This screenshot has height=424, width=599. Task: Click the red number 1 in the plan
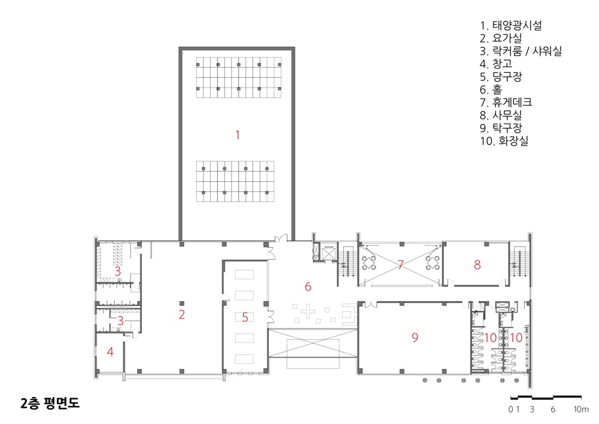(238, 135)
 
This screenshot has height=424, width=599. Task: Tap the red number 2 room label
(182, 315)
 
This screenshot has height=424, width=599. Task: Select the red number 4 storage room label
(110, 352)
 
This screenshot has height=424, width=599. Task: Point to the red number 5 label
(245, 317)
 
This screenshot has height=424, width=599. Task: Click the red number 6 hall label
(308, 287)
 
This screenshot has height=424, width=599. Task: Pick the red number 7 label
(400, 264)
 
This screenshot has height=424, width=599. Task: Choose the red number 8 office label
(477, 264)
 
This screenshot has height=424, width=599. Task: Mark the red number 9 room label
(415, 337)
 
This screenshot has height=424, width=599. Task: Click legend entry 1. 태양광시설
(511, 26)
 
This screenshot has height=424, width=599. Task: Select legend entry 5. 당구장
(501, 77)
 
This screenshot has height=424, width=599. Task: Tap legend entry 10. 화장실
(504, 141)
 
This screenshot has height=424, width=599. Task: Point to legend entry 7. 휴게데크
(506, 103)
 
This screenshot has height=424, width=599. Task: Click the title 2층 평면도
(50, 403)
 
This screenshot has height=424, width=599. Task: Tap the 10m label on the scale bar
(581, 410)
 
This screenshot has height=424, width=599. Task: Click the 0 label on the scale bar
(511, 410)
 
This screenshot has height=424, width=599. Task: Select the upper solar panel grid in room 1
(239, 77)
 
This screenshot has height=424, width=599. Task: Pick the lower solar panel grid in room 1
(235, 181)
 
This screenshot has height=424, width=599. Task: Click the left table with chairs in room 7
(368, 263)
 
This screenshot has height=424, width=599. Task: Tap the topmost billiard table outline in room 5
(244, 275)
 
